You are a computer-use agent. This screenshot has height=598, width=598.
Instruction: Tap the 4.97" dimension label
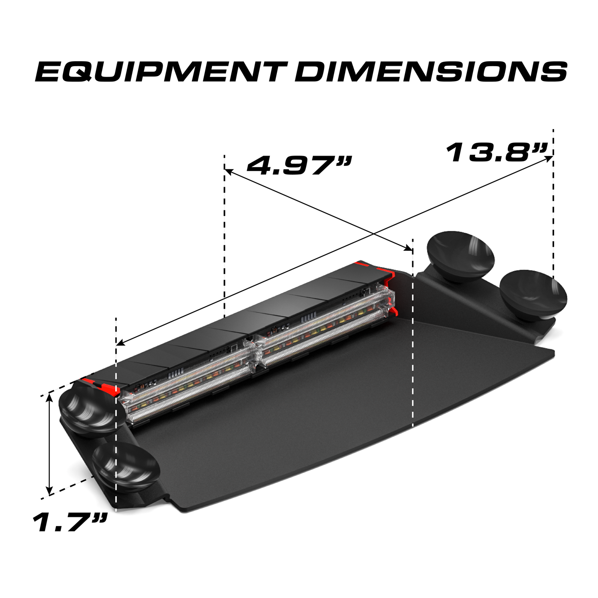pyautogui.click(x=299, y=166)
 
